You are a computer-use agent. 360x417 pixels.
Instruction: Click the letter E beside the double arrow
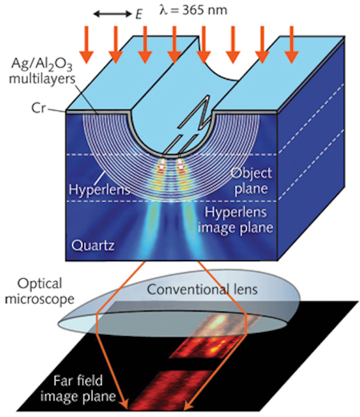pyautogui.click(x=138, y=14)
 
